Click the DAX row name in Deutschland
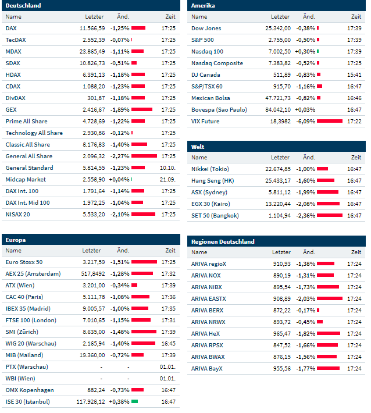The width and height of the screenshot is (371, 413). click(x=11, y=28)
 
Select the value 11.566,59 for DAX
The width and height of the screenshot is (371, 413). click(x=92, y=28)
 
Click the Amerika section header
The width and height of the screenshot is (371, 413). click(x=204, y=6)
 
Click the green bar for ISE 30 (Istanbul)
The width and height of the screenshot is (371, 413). click(x=134, y=401)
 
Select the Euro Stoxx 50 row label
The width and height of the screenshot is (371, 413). click(x=24, y=262)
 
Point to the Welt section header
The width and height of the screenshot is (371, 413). click(x=198, y=147)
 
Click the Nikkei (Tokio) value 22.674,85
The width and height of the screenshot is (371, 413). click(x=277, y=169)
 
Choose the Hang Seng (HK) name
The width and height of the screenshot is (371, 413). click(x=213, y=180)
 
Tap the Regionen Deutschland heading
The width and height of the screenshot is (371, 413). click(x=223, y=241)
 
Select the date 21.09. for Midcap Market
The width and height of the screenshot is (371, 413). click(x=167, y=179)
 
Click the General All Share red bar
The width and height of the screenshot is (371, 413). click(x=144, y=156)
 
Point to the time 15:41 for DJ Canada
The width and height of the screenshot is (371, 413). click(x=354, y=74)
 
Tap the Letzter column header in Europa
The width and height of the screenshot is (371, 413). click(x=92, y=251)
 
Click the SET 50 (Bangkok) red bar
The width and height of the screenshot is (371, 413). click(x=329, y=215)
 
